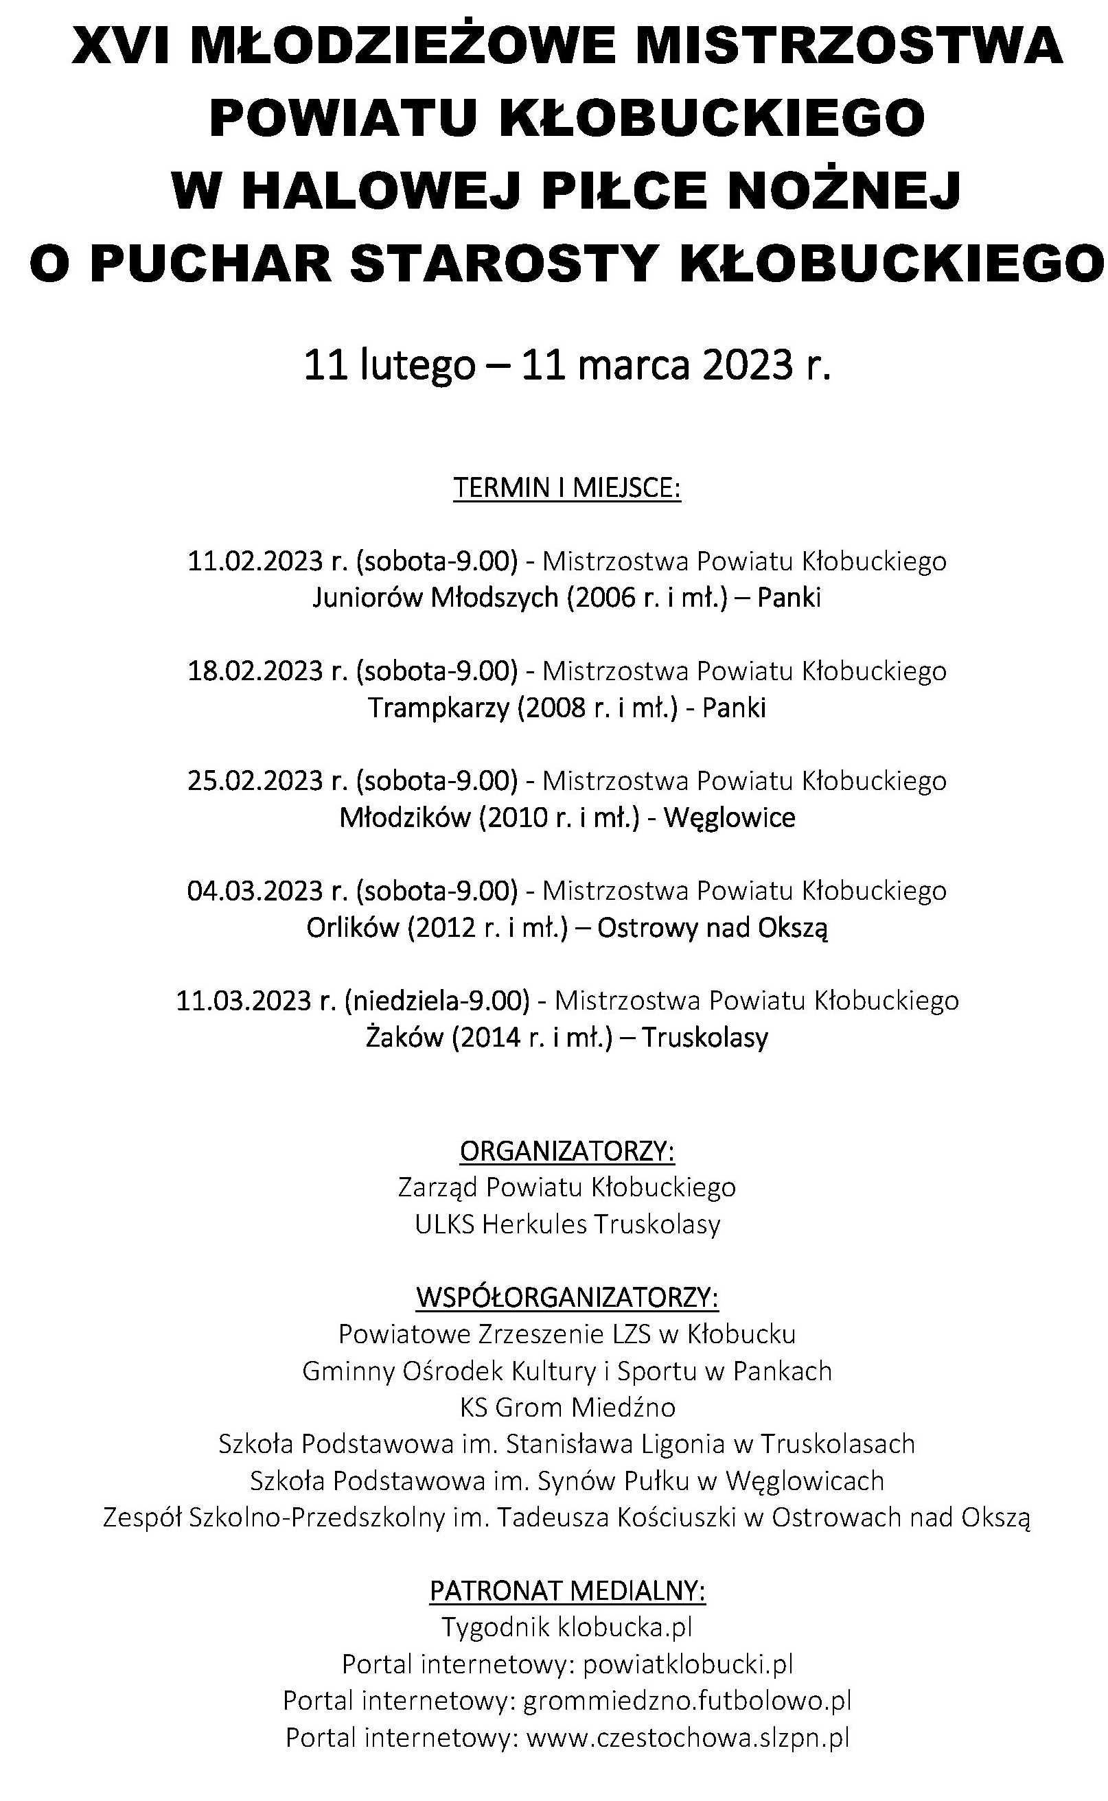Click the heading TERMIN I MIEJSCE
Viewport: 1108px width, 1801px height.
pos(566,487)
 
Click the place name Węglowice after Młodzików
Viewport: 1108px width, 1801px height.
pos(729,817)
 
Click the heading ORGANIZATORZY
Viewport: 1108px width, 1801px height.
pos(566,1151)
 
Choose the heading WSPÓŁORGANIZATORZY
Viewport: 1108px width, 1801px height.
pos(566,1298)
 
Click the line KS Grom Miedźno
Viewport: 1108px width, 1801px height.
pos(566,1408)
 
